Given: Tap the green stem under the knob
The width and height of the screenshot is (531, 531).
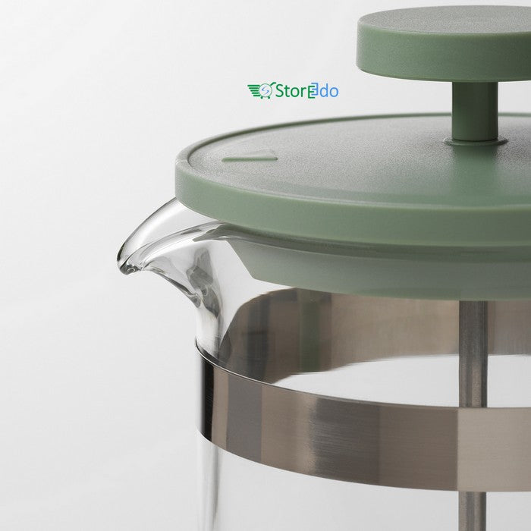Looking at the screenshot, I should pos(475,110).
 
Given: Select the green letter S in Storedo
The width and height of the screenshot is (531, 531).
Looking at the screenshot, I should pos(281,91).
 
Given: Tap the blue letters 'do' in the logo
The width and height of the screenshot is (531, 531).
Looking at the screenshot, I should pos(330,92).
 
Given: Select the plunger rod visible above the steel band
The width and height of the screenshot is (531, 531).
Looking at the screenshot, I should pos(473,326).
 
